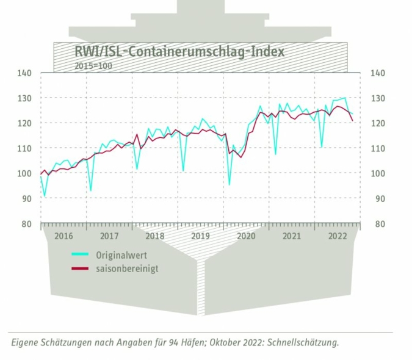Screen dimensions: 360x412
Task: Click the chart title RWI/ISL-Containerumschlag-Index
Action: pos(179,51)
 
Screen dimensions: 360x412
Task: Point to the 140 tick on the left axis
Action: pos(24,73)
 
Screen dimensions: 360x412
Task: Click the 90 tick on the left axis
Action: pos(26,198)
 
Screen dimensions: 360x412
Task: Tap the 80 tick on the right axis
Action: pos(377,224)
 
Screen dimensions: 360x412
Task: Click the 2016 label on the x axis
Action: pos(63,236)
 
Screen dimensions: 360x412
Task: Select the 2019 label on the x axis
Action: pos(201,236)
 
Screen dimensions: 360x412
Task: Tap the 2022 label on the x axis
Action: pos(338,236)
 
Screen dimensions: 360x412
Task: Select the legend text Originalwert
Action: pos(121,254)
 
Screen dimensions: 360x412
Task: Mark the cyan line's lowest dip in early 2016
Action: pos(45,196)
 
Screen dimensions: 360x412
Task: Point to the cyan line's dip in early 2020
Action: pos(229,184)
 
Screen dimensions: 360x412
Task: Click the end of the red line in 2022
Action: pos(353,121)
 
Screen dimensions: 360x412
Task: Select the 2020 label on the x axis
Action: pos(246,236)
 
